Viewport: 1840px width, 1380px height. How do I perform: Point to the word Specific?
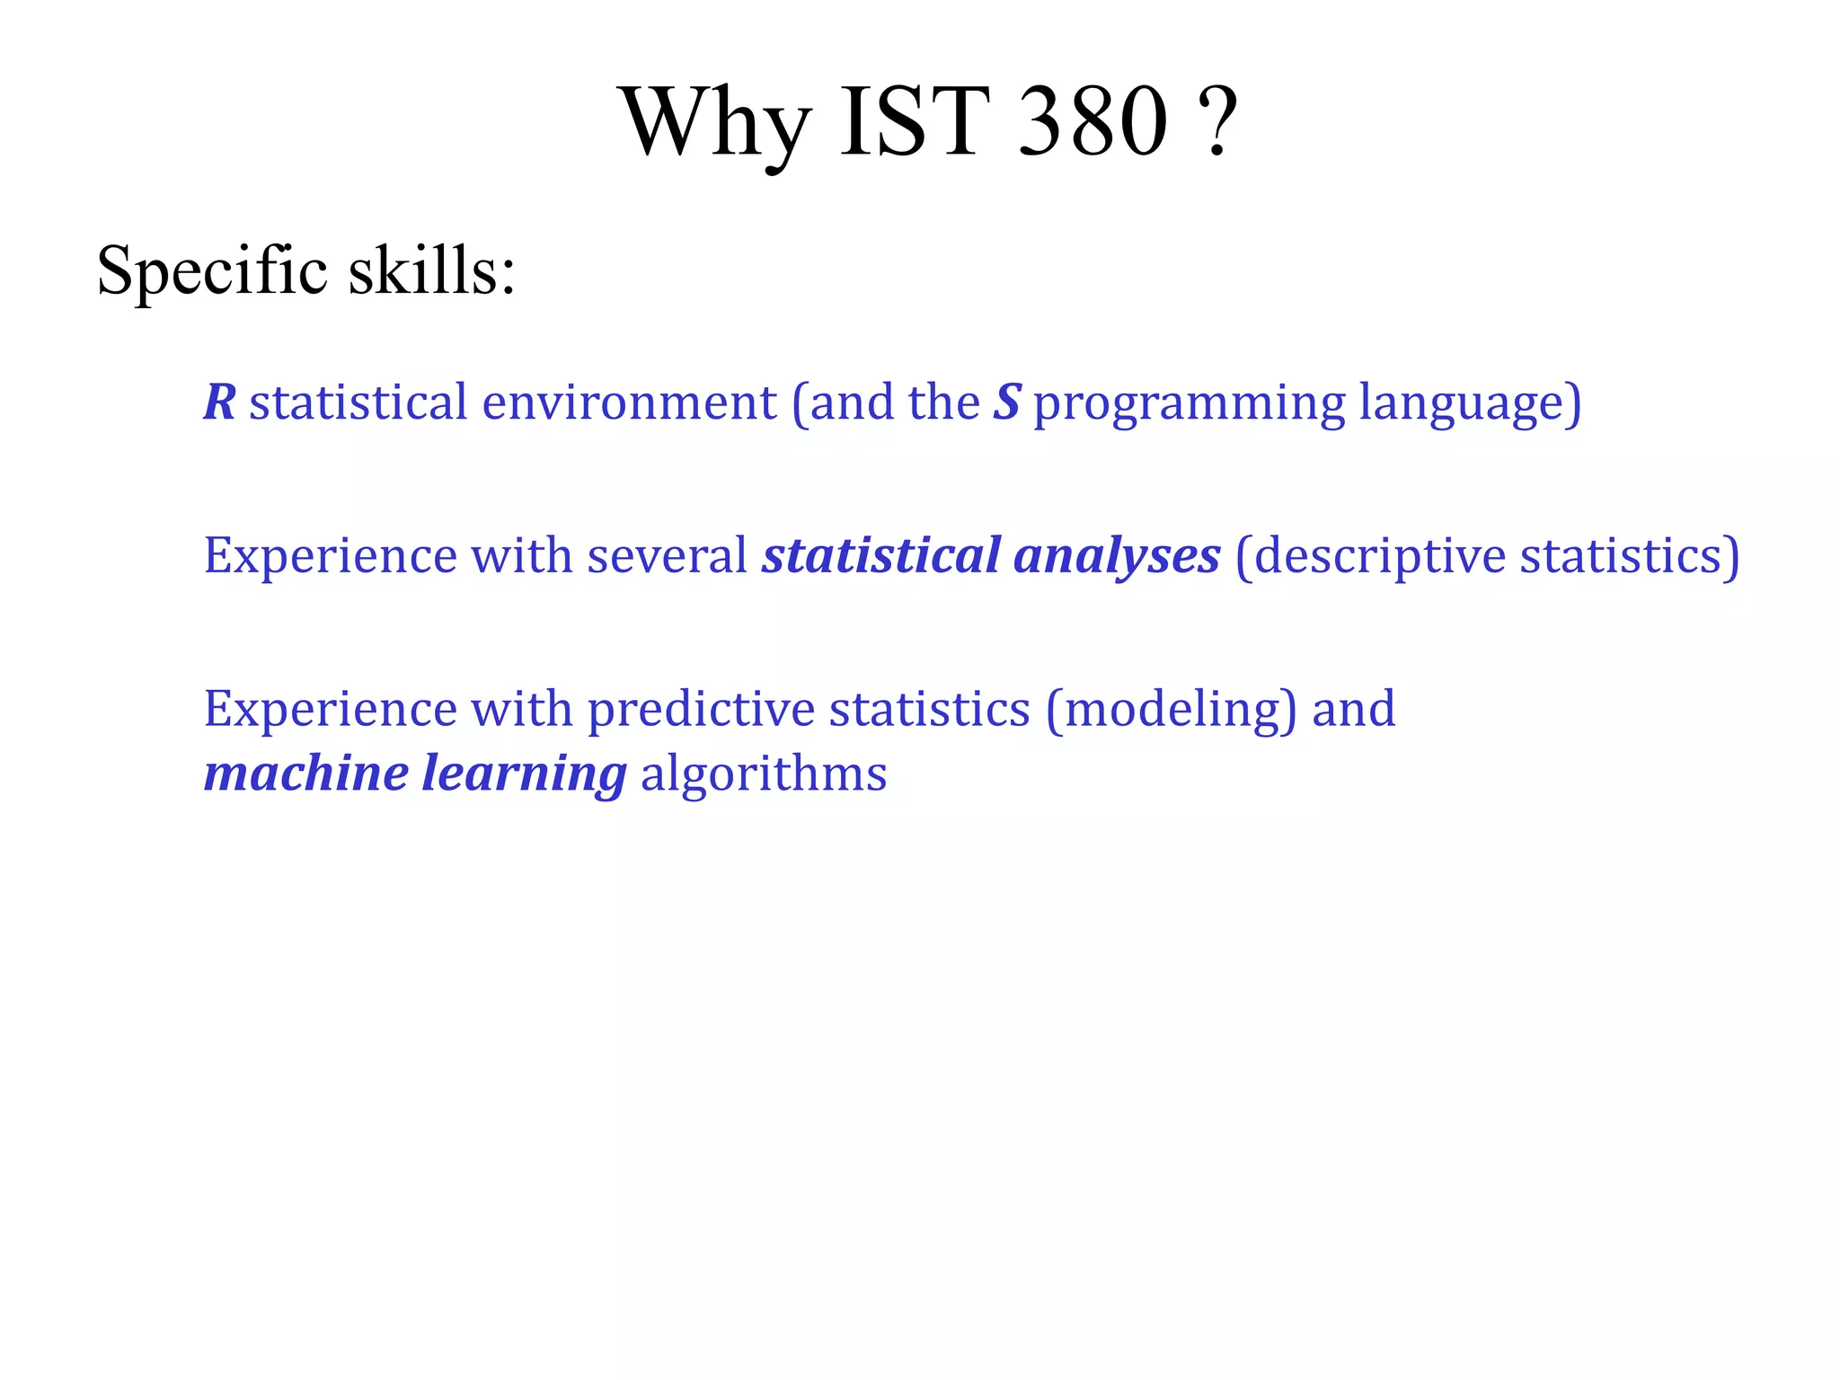(212, 271)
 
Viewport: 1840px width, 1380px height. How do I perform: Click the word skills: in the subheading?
(432, 271)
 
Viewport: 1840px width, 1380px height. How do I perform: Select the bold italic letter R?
(219, 402)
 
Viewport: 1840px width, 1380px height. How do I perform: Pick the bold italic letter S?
(1006, 402)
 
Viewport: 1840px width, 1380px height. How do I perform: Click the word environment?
(629, 402)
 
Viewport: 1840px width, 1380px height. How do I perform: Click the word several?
(667, 555)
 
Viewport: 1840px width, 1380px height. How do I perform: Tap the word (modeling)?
(1172, 711)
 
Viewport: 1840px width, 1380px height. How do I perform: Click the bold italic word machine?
(305, 774)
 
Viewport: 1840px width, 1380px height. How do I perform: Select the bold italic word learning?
(524, 775)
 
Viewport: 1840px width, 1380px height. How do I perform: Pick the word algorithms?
(764, 775)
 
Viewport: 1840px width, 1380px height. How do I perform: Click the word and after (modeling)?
(1354, 709)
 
